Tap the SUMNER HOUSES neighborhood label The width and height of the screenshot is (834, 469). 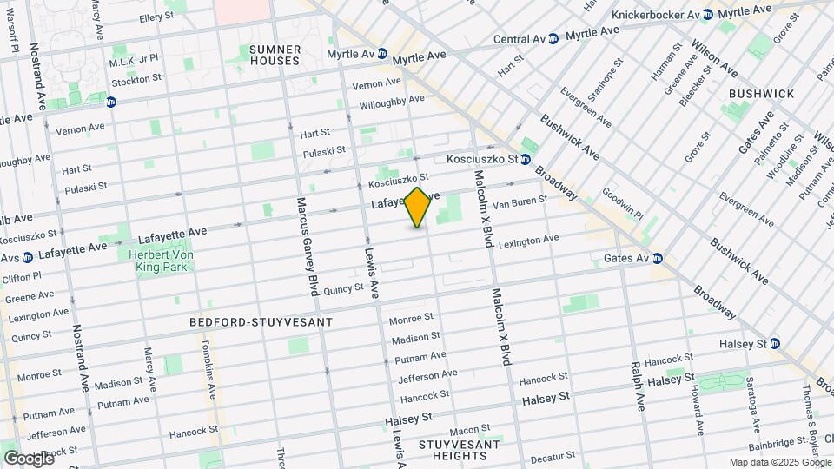pyautogui.click(x=275, y=55)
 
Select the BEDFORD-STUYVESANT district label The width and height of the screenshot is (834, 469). pyautogui.click(x=261, y=322)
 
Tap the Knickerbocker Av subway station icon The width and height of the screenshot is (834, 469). pyautogui.click(x=708, y=15)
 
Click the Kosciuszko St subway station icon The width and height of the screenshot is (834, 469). pyautogui.click(x=526, y=160)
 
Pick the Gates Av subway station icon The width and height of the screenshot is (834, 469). pyautogui.click(x=658, y=258)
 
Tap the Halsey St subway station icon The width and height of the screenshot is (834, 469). pyautogui.click(x=774, y=344)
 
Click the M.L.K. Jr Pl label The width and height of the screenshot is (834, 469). pyautogui.click(x=134, y=58)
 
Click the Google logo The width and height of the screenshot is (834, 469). pyautogui.click(x=29, y=458)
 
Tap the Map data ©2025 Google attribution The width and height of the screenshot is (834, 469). pyautogui.click(x=779, y=462)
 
